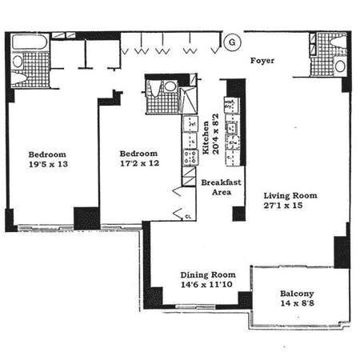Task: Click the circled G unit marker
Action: coord(232,42)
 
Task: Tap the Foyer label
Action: coord(262,61)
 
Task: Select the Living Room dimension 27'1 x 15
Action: coord(283,206)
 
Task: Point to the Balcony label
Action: coord(297,294)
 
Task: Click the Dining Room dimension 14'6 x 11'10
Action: coord(206,284)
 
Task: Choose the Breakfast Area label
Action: coord(221,187)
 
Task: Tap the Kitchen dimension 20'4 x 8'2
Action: coord(215,134)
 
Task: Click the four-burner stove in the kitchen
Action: coord(190,157)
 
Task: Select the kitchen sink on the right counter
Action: coord(231,127)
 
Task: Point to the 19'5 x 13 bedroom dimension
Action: coord(48,164)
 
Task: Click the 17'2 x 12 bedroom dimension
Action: coord(139,163)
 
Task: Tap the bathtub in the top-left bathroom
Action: coord(30,42)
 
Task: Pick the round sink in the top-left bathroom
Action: coord(18,62)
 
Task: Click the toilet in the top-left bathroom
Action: coord(19,78)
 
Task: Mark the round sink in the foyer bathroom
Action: coord(340,66)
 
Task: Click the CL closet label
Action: coord(188,217)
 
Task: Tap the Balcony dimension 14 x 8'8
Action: coord(297,303)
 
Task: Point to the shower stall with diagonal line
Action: coord(188,100)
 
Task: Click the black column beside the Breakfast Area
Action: coord(238,214)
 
